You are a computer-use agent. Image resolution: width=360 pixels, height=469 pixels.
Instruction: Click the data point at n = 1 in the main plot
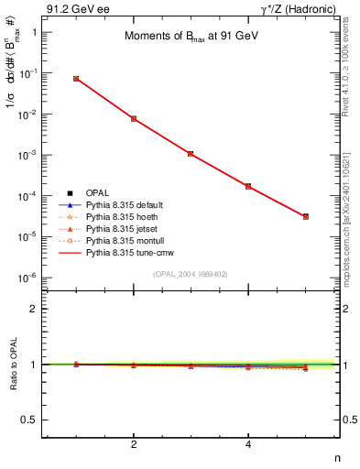click(x=76, y=79)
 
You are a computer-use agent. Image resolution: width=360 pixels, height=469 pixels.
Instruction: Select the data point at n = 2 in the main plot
click(x=134, y=119)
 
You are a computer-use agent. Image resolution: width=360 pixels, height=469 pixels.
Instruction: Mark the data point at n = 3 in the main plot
click(x=191, y=154)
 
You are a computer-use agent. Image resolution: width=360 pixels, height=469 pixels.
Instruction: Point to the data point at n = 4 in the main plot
click(x=248, y=186)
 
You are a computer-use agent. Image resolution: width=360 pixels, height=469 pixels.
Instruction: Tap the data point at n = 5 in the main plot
click(x=306, y=217)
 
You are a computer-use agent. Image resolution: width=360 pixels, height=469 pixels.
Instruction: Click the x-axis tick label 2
click(x=134, y=445)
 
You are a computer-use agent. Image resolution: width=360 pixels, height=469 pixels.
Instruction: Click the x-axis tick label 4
click(x=248, y=445)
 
